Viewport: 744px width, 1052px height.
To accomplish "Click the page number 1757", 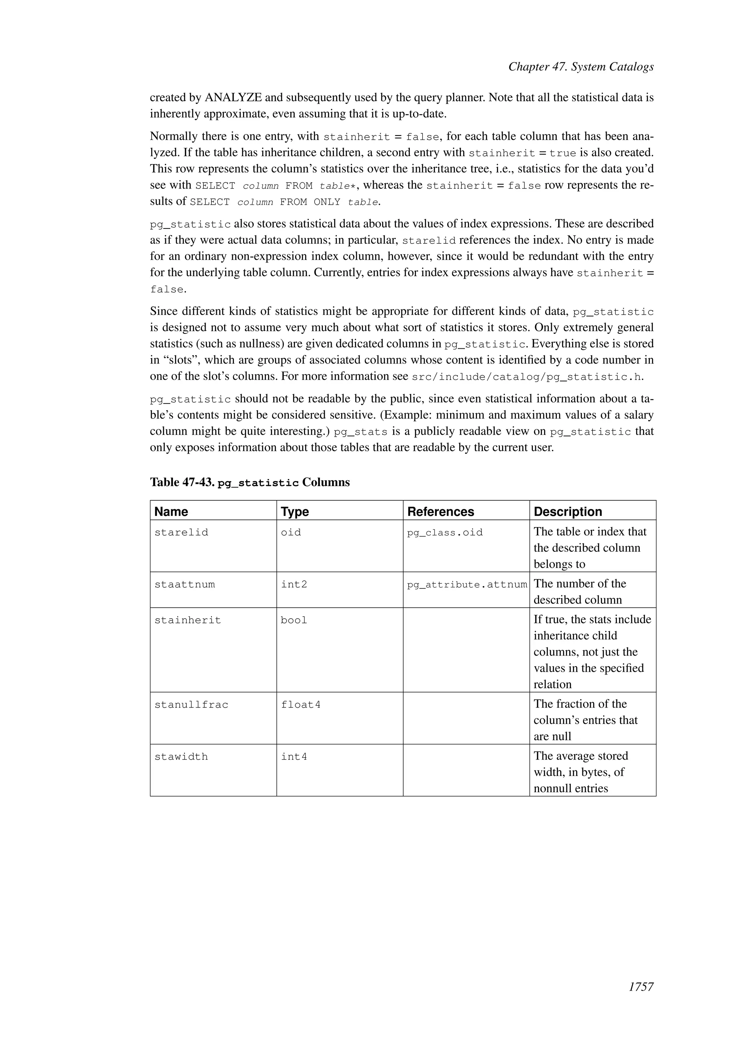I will (640, 987).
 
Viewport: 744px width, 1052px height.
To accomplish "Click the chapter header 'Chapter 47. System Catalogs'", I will (581, 67).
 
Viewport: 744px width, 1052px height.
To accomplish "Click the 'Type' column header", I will (295, 511).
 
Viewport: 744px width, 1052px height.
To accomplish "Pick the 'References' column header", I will (440, 511).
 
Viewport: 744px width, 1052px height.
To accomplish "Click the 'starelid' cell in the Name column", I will (181, 533).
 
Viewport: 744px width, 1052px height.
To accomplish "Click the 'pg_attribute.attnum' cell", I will (467, 584).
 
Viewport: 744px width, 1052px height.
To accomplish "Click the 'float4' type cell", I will (300, 705).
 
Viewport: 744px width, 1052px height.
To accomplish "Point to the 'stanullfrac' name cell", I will (191, 705).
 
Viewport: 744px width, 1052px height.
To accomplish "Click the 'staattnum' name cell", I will (184, 584).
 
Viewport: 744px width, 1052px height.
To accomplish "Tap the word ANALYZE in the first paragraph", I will (233, 98).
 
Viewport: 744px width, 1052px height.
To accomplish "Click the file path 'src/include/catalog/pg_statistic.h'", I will (526, 377).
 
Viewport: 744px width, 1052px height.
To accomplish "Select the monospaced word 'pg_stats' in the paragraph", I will (360, 432).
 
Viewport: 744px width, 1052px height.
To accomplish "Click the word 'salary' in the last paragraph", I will (637, 415).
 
